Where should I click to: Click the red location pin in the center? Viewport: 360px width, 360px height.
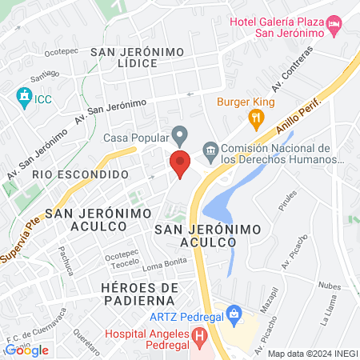coord(180,162)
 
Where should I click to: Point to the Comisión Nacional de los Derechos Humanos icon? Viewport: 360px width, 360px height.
coord(210,149)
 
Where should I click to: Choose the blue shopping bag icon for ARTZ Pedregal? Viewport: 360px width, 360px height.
coord(234,313)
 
